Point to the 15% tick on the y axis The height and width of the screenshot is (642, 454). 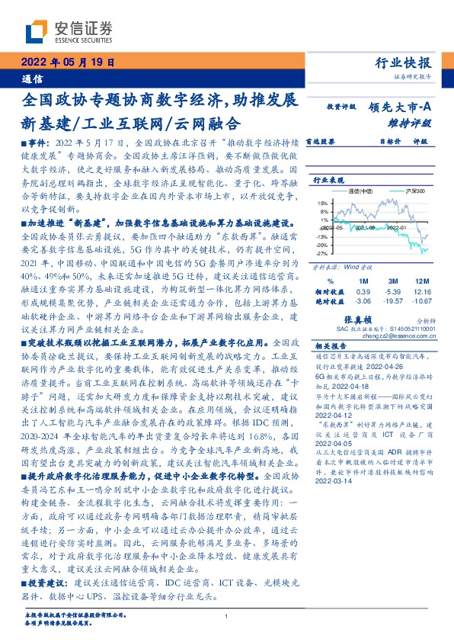point(322,204)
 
